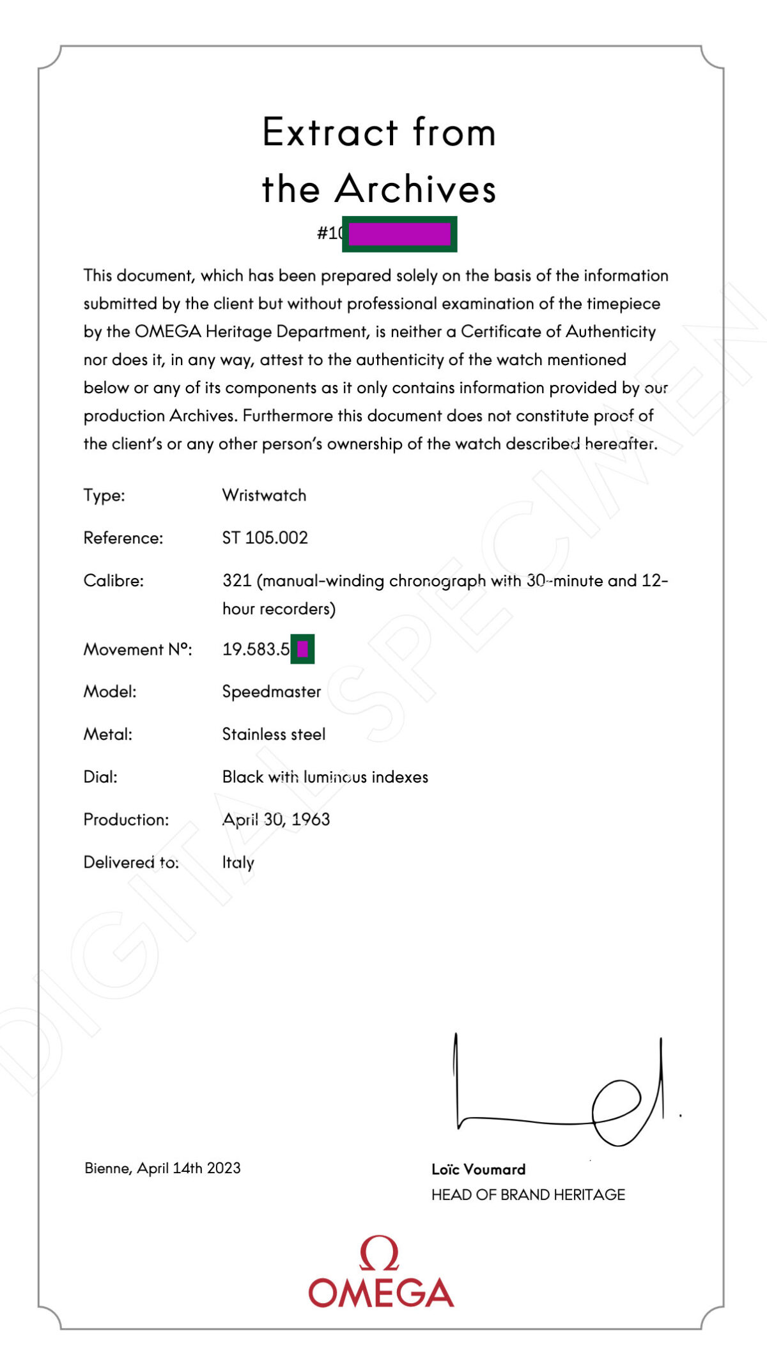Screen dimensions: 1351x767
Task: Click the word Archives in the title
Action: (415, 189)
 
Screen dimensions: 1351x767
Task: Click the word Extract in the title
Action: (330, 133)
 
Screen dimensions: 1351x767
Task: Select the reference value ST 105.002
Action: (265, 538)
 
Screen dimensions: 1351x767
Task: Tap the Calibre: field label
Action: (114, 581)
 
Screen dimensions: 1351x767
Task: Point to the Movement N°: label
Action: (137, 650)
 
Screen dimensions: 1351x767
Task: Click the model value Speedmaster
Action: (272, 692)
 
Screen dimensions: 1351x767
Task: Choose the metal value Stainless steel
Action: (274, 734)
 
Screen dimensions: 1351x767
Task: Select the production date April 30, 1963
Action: (276, 820)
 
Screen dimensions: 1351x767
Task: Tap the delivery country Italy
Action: (238, 863)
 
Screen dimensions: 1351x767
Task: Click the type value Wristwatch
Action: (264, 496)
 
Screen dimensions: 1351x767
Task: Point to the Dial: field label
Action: (100, 777)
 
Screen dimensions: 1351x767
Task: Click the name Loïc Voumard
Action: (478, 1169)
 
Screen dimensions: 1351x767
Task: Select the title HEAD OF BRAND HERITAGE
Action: (528, 1195)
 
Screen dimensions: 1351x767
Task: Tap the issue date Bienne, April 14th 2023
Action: (162, 1168)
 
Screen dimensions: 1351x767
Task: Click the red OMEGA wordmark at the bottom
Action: (381, 1293)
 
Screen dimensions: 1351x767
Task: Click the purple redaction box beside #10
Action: (399, 234)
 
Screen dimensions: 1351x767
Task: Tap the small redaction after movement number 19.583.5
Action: (302, 650)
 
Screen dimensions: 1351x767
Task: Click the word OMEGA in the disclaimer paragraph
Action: (168, 332)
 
